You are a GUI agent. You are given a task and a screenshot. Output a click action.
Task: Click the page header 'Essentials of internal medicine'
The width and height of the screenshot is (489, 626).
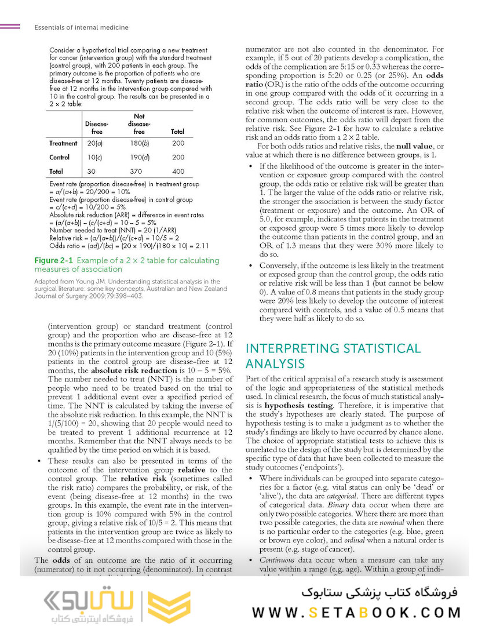pos(81,27)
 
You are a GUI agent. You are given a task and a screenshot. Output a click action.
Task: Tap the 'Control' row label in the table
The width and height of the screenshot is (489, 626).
pos(60,157)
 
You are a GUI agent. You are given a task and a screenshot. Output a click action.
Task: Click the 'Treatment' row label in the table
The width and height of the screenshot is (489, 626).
pos(63,143)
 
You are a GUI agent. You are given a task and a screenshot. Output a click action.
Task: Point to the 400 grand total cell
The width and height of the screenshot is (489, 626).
pos(178,172)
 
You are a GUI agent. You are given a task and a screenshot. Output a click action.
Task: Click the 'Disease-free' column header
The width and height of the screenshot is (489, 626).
pos(96,128)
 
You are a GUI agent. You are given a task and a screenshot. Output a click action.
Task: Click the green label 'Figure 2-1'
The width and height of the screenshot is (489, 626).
pos(53,260)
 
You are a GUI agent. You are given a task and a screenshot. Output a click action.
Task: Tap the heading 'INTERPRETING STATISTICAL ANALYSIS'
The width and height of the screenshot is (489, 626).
pos(333,356)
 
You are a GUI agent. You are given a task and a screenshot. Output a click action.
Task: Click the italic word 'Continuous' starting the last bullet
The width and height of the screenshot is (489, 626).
pos(275,560)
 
